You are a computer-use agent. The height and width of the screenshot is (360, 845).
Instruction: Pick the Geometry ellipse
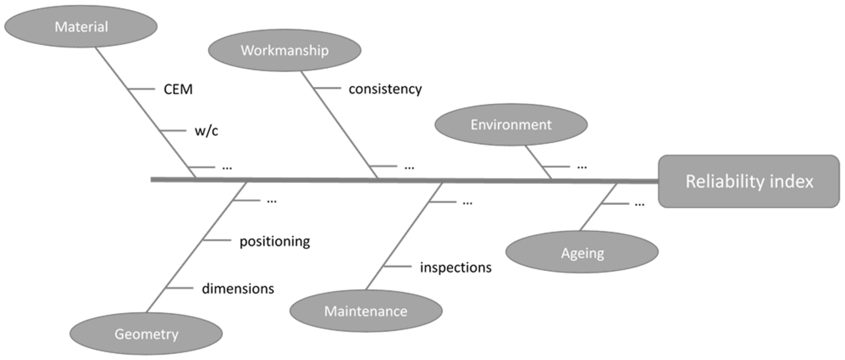coord(146,334)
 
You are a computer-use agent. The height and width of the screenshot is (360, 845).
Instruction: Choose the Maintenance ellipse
coord(366,311)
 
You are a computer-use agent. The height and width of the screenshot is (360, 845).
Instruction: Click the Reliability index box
coord(749,181)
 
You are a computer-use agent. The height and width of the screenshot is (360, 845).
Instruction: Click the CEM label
coord(178,89)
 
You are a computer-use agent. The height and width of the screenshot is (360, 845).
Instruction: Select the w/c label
coord(206,131)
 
